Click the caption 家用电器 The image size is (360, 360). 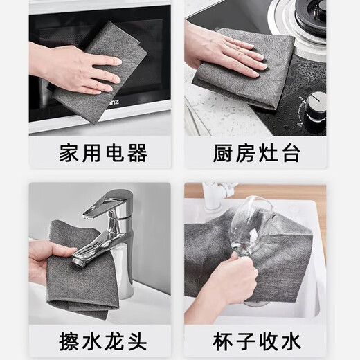(103, 153)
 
